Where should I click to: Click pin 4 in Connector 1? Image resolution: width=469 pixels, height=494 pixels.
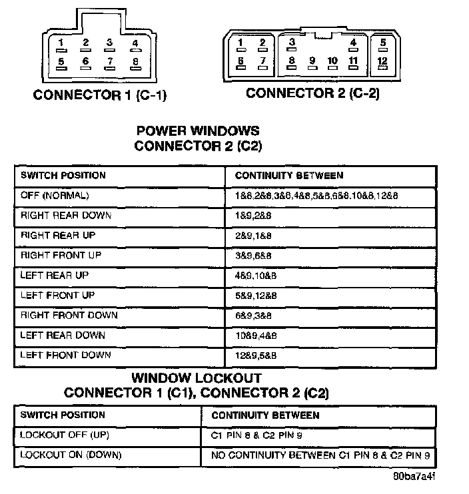[135, 44]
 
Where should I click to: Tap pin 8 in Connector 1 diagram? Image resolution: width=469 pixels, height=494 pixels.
[135, 62]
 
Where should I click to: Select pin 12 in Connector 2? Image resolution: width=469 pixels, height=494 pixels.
[382, 61]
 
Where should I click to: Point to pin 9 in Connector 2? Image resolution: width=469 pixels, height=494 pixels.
[312, 61]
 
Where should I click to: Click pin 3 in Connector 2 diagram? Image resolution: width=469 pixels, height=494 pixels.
[292, 43]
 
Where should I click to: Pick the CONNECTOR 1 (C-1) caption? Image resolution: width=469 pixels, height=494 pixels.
[100, 95]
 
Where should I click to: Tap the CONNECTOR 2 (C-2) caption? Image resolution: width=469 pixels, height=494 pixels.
[312, 93]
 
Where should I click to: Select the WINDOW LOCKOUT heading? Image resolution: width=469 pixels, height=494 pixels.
[197, 378]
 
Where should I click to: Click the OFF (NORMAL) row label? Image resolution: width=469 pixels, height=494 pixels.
[55, 196]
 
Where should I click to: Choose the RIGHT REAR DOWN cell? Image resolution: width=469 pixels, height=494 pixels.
[66, 216]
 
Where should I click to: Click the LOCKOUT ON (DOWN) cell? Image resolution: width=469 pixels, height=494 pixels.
[71, 455]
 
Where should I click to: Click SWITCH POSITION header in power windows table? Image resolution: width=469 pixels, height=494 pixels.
[63, 176]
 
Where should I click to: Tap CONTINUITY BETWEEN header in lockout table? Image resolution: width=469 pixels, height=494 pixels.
[265, 415]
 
